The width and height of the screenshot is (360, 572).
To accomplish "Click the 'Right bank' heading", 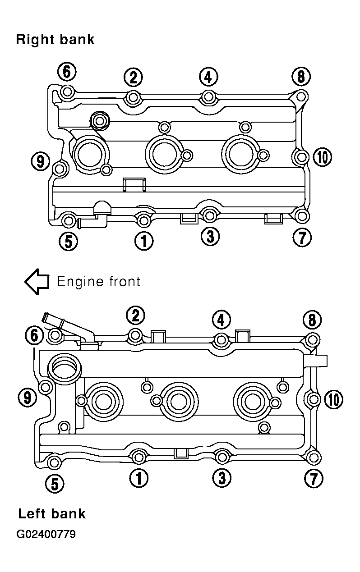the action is tap(55, 40).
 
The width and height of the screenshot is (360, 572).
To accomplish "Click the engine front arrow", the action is tap(37, 282).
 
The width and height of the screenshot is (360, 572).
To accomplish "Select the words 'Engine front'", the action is tap(99, 281).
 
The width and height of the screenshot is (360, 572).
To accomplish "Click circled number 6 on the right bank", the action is tap(66, 72).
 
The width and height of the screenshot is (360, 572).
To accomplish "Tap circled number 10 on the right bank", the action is tap(323, 157).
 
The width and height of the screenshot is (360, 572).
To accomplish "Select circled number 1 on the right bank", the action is tap(144, 241).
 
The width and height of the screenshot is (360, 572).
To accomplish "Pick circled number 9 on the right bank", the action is tap(40, 161).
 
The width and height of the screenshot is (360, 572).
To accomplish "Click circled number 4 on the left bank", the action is tap(221, 320).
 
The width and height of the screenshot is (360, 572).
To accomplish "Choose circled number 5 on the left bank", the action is tap(55, 484).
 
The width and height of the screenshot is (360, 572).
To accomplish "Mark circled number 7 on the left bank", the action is tap(314, 478).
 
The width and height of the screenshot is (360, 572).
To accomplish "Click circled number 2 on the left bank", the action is tap(135, 316).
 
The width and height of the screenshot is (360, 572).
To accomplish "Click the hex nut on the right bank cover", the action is tap(99, 120).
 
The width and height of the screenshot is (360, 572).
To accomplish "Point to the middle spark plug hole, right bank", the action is tap(165, 154).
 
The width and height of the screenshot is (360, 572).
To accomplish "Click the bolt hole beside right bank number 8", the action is tap(301, 97).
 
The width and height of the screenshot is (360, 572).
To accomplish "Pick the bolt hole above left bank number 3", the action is tap(222, 457).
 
